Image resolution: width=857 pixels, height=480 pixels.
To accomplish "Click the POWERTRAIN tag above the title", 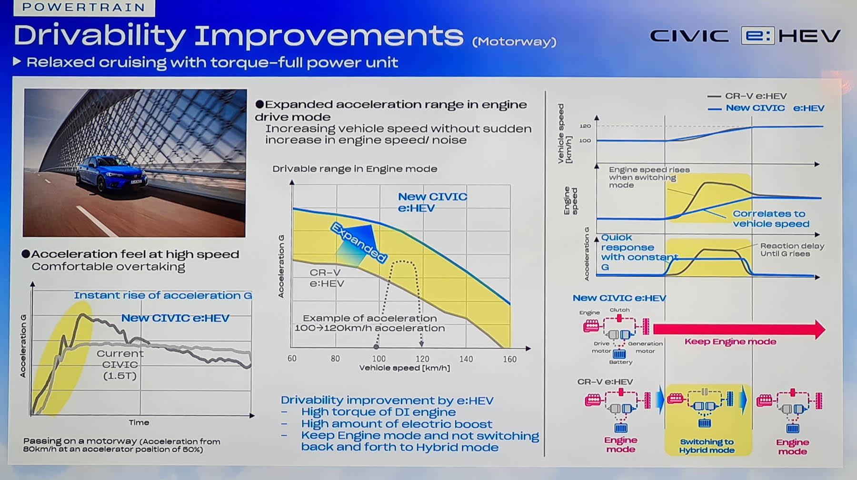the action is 84,7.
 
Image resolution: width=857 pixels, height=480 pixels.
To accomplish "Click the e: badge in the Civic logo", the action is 757,36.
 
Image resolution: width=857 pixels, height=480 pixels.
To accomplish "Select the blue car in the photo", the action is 112,173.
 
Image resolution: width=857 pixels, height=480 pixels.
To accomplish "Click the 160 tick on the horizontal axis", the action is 509,359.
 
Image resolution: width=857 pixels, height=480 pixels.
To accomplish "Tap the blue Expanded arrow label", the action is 359,242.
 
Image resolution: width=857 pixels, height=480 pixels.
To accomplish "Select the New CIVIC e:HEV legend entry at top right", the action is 766,108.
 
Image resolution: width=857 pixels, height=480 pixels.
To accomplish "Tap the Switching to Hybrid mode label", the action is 707,446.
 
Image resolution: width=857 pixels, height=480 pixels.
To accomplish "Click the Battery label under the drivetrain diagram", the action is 621,362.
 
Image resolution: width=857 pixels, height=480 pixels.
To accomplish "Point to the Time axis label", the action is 139,422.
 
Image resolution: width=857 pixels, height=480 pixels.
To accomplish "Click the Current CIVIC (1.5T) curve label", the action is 120,365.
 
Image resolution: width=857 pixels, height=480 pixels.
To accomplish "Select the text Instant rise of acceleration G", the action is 163,295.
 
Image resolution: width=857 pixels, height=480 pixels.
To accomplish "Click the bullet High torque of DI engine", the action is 379,412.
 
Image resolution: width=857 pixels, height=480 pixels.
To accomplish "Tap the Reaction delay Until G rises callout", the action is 792,250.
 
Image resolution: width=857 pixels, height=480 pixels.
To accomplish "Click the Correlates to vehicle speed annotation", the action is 771,219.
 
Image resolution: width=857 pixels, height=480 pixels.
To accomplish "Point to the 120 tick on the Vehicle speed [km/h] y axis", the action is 585,126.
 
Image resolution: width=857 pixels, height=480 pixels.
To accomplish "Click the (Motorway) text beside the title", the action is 514,42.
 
